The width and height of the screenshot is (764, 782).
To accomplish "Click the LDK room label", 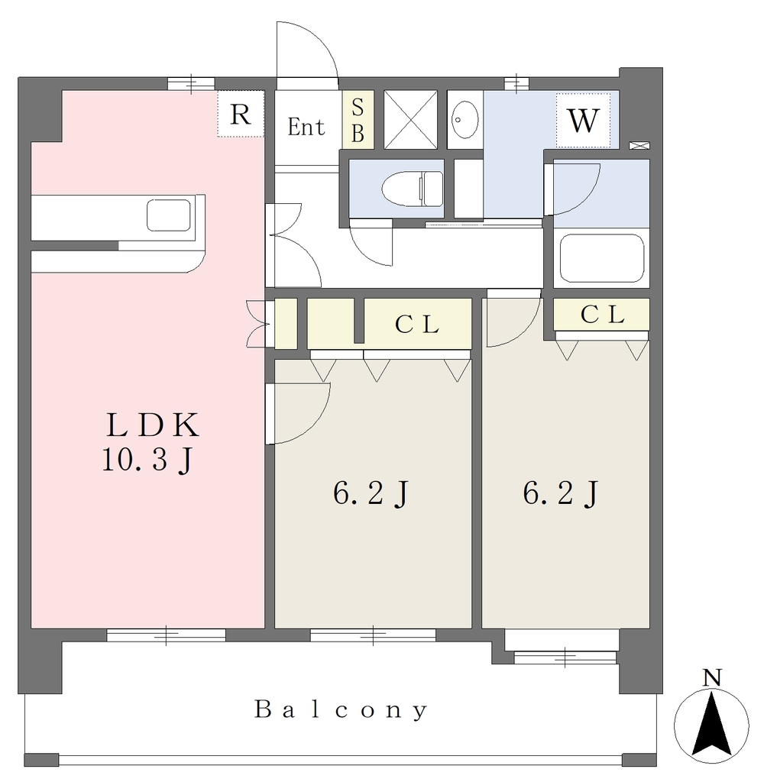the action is (153, 425).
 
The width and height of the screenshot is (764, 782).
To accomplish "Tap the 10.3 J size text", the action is (147, 460).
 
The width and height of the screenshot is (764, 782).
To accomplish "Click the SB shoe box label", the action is (358, 120).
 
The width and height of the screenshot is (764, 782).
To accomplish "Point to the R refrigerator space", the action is (241, 114).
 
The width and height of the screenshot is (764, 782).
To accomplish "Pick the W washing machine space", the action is (584, 120).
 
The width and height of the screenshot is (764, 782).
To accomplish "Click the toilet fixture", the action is (413, 189).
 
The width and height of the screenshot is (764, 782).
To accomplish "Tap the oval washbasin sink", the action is (465, 120).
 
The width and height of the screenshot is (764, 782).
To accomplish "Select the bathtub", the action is (601, 258).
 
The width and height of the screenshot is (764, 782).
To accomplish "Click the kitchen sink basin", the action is (169, 215).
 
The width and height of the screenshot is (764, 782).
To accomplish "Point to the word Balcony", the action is (342, 709).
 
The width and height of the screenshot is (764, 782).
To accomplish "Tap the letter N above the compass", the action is (712, 678).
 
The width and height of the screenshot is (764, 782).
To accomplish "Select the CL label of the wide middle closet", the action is (416, 325).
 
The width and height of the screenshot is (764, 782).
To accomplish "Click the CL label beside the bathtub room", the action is (602, 315).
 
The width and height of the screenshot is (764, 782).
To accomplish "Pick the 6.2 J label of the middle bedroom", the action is (371, 494).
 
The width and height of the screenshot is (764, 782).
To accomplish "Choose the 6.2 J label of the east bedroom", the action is (561, 494).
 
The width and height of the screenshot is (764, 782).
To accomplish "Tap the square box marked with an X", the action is (410, 119).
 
